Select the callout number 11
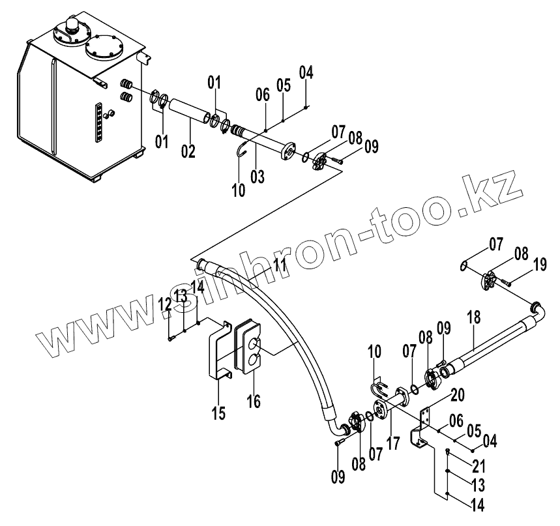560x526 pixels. pyautogui.click(x=280, y=265)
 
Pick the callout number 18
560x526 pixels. pyautogui.click(x=474, y=319)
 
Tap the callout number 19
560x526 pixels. pyautogui.click(x=538, y=265)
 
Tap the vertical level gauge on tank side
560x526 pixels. pyautogui.click(x=98, y=122)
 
